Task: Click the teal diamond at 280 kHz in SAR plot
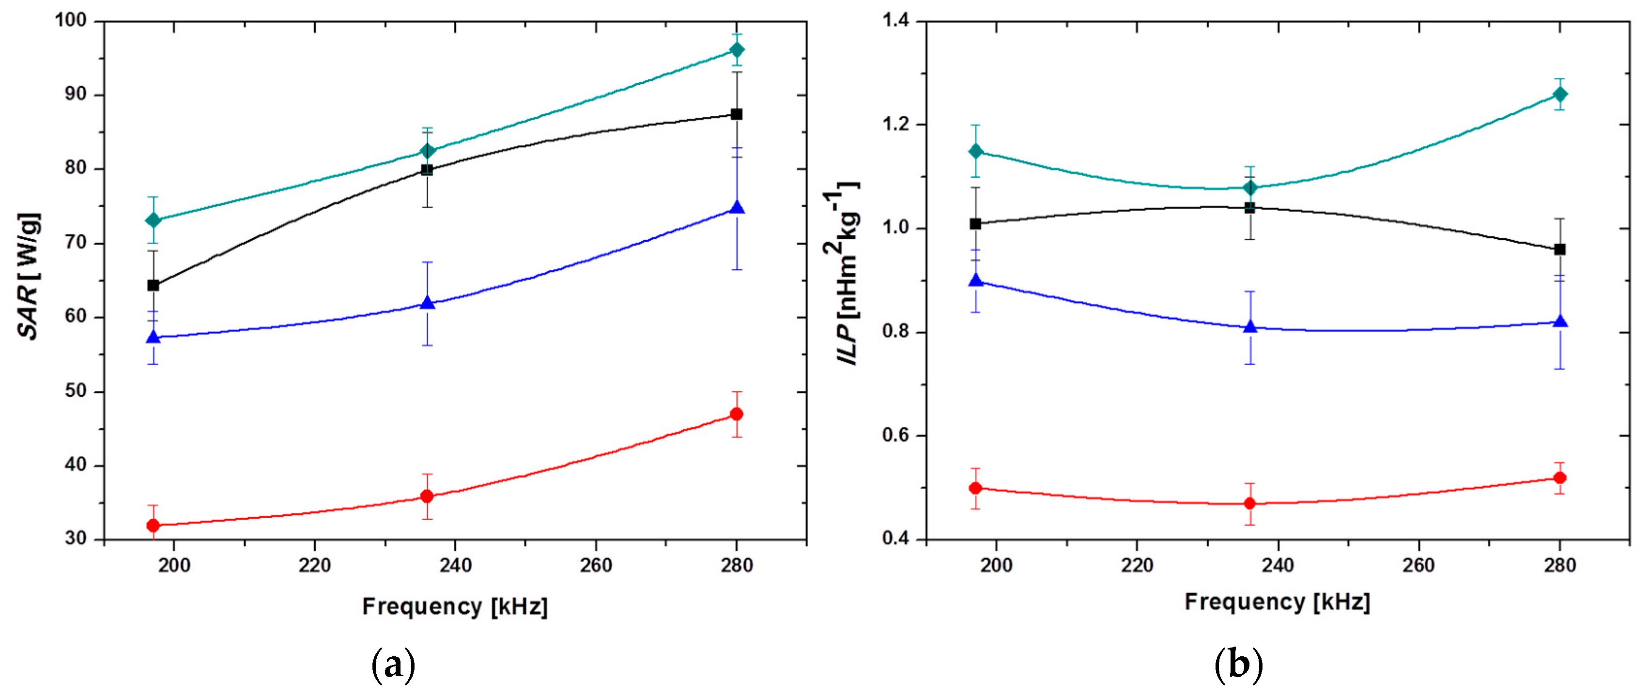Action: [x=737, y=49]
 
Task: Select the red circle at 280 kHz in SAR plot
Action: [x=737, y=414]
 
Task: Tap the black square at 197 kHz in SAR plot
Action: [x=153, y=285]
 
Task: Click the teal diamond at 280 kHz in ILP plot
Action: [x=1560, y=94]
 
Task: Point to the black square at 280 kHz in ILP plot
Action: [x=1560, y=249]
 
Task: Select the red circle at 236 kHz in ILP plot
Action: [x=1249, y=503]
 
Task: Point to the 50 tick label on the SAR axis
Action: [x=76, y=391]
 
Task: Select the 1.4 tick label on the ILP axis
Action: [x=895, y=20]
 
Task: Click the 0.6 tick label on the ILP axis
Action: [x=895, y=435]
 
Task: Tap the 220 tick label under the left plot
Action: [x=314, y=566]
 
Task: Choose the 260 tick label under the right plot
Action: [x=1418, y=566]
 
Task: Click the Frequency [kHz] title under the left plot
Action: [x=455, y=606]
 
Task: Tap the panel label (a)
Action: [x=393, y=666]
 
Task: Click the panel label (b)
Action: [x=1239, y=666]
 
